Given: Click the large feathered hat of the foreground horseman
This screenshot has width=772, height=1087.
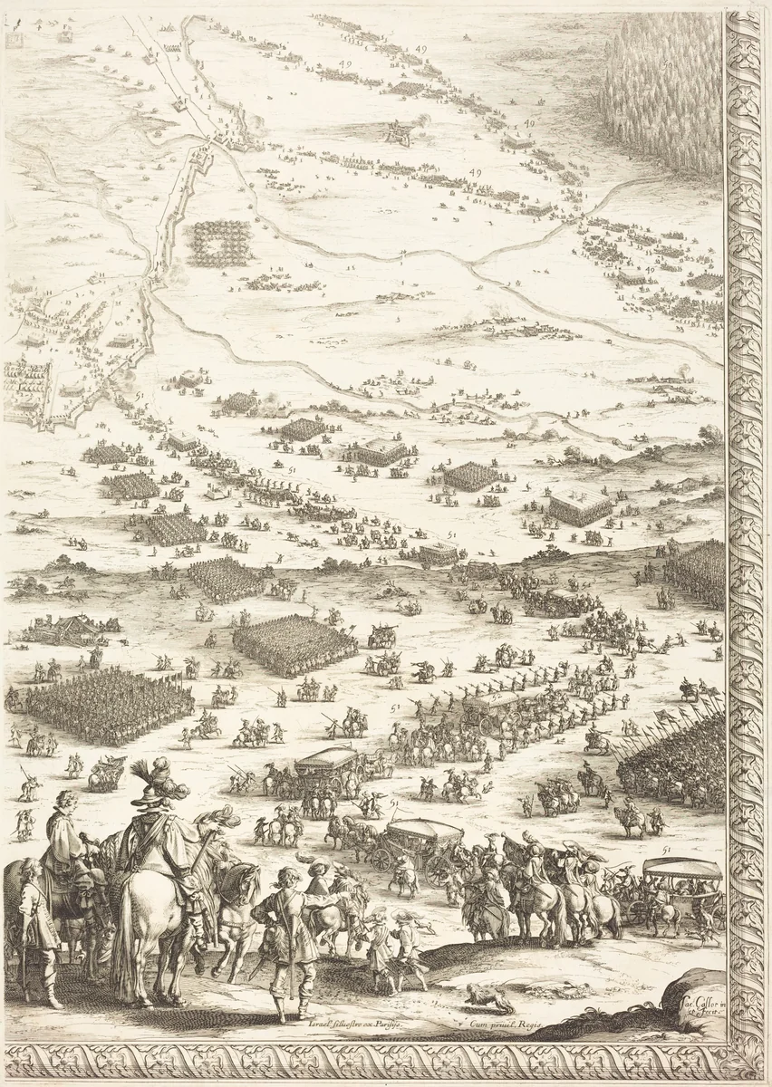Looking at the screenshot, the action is (x=154, y=781).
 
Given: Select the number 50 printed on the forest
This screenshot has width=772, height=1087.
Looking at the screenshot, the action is (x=668, y=63).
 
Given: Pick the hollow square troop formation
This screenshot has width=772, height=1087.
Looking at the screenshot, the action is (x=220, y=242).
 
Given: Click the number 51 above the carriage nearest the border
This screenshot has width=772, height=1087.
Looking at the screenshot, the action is (x=666, y=850).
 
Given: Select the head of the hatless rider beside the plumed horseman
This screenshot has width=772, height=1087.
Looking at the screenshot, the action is (x=65, y=801).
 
